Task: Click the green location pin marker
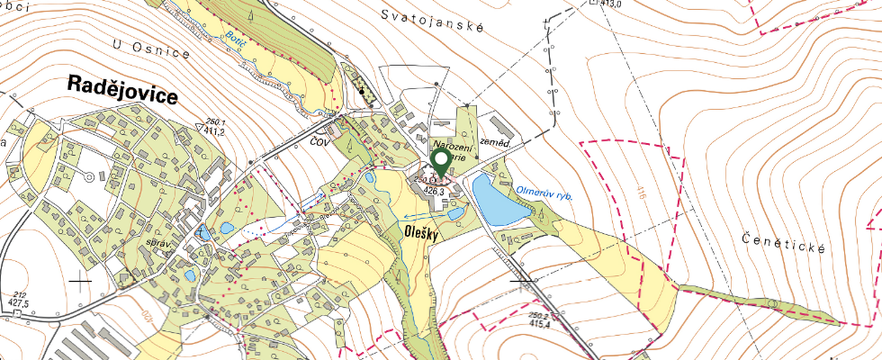click(x=441, y=163)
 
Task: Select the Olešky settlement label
click(x=421, y=232)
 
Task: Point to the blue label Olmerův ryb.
click(x=545, y=192)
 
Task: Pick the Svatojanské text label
click(x=432, y=20)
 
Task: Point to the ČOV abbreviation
click(x=319, y=142)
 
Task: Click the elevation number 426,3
click(x=435, y=191)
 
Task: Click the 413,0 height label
click(x=611, y=4)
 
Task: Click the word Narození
click(x=453, y=145)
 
